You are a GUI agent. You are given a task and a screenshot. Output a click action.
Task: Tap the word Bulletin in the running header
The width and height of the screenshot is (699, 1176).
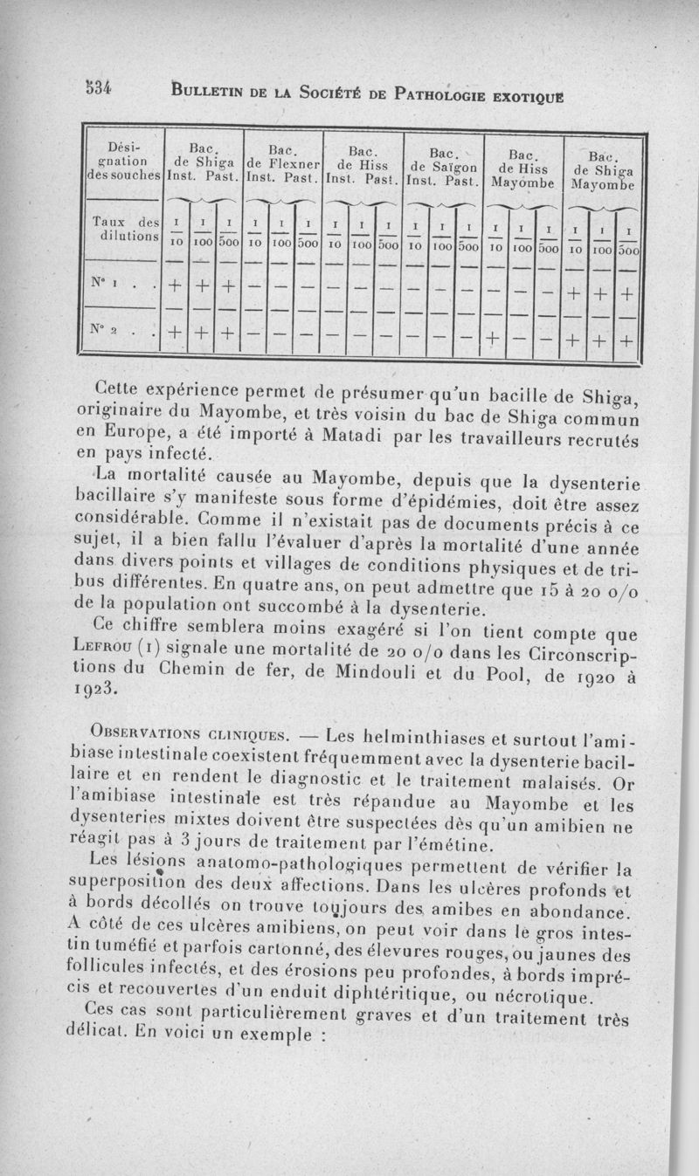[x=209, y=89]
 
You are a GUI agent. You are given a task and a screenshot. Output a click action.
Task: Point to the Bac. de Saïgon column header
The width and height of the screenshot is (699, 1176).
[x=443, y=164]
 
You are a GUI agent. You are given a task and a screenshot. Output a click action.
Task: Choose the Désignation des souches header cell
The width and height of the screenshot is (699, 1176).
[x=122, y=155]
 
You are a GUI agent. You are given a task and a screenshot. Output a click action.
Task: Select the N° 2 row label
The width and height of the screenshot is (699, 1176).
[x=116, y=333]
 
